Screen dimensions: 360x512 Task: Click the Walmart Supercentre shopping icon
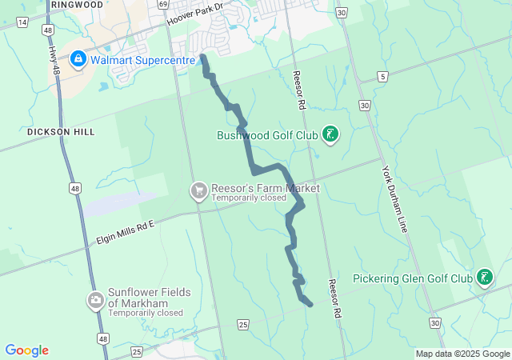78,58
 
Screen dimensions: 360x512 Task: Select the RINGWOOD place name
76,5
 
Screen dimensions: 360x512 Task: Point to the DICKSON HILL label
60,132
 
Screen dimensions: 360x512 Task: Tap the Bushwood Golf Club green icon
330,134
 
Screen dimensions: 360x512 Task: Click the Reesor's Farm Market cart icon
198,190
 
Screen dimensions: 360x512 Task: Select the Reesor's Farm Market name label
265,189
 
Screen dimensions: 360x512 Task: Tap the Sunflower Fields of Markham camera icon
96,301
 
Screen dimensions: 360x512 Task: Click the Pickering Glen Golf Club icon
484,278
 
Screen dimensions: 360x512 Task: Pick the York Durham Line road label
395,199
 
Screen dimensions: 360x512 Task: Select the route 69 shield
162,4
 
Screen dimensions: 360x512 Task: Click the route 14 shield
22,22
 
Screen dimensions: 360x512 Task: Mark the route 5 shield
384,77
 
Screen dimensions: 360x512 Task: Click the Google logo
26,350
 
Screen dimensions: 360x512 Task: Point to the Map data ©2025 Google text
462,354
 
